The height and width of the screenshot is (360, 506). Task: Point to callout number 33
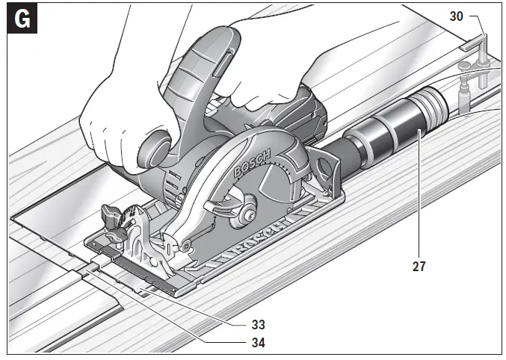(259, 326)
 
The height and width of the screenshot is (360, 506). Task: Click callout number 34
(259, 344)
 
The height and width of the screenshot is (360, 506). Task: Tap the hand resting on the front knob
(120, 112)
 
